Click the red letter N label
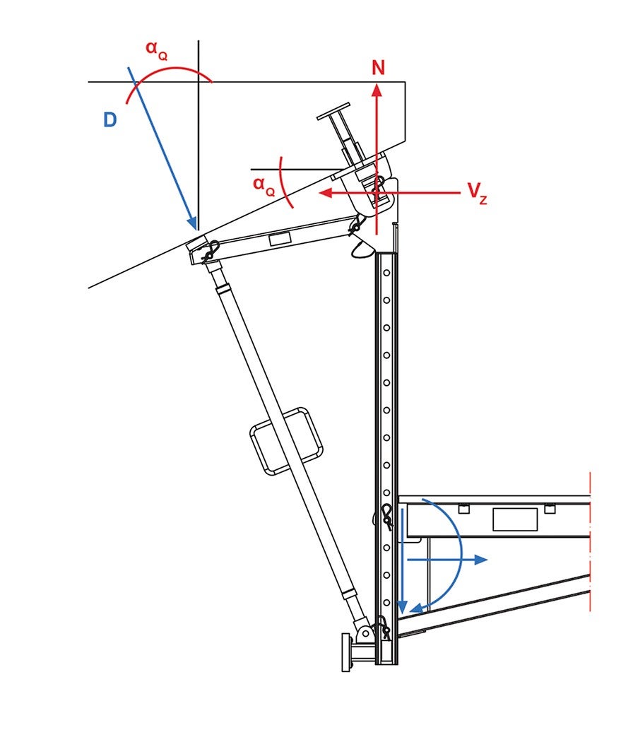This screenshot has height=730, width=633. click(379, 68)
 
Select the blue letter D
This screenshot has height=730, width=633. click(110, 120)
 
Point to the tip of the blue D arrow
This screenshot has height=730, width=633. click(195, 228)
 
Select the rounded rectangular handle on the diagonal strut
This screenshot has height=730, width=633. click(286, 441)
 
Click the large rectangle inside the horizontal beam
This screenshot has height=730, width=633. click(515, 519)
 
